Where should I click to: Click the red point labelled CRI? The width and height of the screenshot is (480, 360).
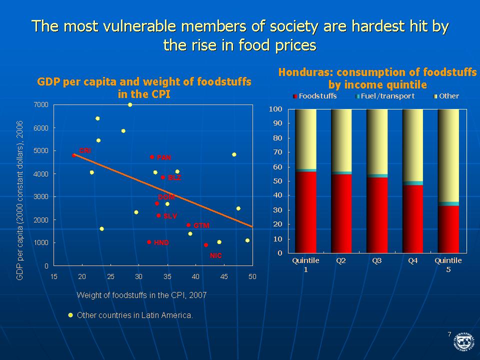[x=74, y=155]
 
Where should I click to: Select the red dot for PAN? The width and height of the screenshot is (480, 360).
[x=152, y=157]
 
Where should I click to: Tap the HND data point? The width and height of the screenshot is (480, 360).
[x=149, y=242]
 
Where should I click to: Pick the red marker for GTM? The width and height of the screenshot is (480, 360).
[x=188, y=225]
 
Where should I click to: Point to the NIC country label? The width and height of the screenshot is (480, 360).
[x=216, y=255]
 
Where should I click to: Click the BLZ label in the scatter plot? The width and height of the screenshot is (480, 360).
[x=174, y=177]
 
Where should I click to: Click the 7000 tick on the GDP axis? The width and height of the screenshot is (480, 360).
[x=41, y=104]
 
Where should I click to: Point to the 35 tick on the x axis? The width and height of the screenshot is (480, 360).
[x=167, y=276]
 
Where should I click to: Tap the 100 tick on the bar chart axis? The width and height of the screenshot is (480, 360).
[x=275, y=109]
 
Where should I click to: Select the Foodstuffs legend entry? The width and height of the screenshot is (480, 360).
[x=315, y=96]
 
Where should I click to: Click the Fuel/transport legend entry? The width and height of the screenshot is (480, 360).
[x=385, y=96]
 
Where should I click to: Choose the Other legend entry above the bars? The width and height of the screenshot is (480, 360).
[x=446, y=96]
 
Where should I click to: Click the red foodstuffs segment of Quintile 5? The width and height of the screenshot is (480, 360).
[x=448, y=229]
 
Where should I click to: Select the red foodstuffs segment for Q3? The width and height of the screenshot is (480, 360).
[x=377, y=215]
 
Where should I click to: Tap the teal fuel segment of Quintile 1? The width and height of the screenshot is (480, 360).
[x=306, y=170]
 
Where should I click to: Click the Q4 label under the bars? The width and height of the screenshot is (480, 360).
[x=412, y=261]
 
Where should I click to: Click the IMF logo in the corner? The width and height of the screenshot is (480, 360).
[x=463, y=341]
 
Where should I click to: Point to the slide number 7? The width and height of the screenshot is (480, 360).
[x=449, y=334]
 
